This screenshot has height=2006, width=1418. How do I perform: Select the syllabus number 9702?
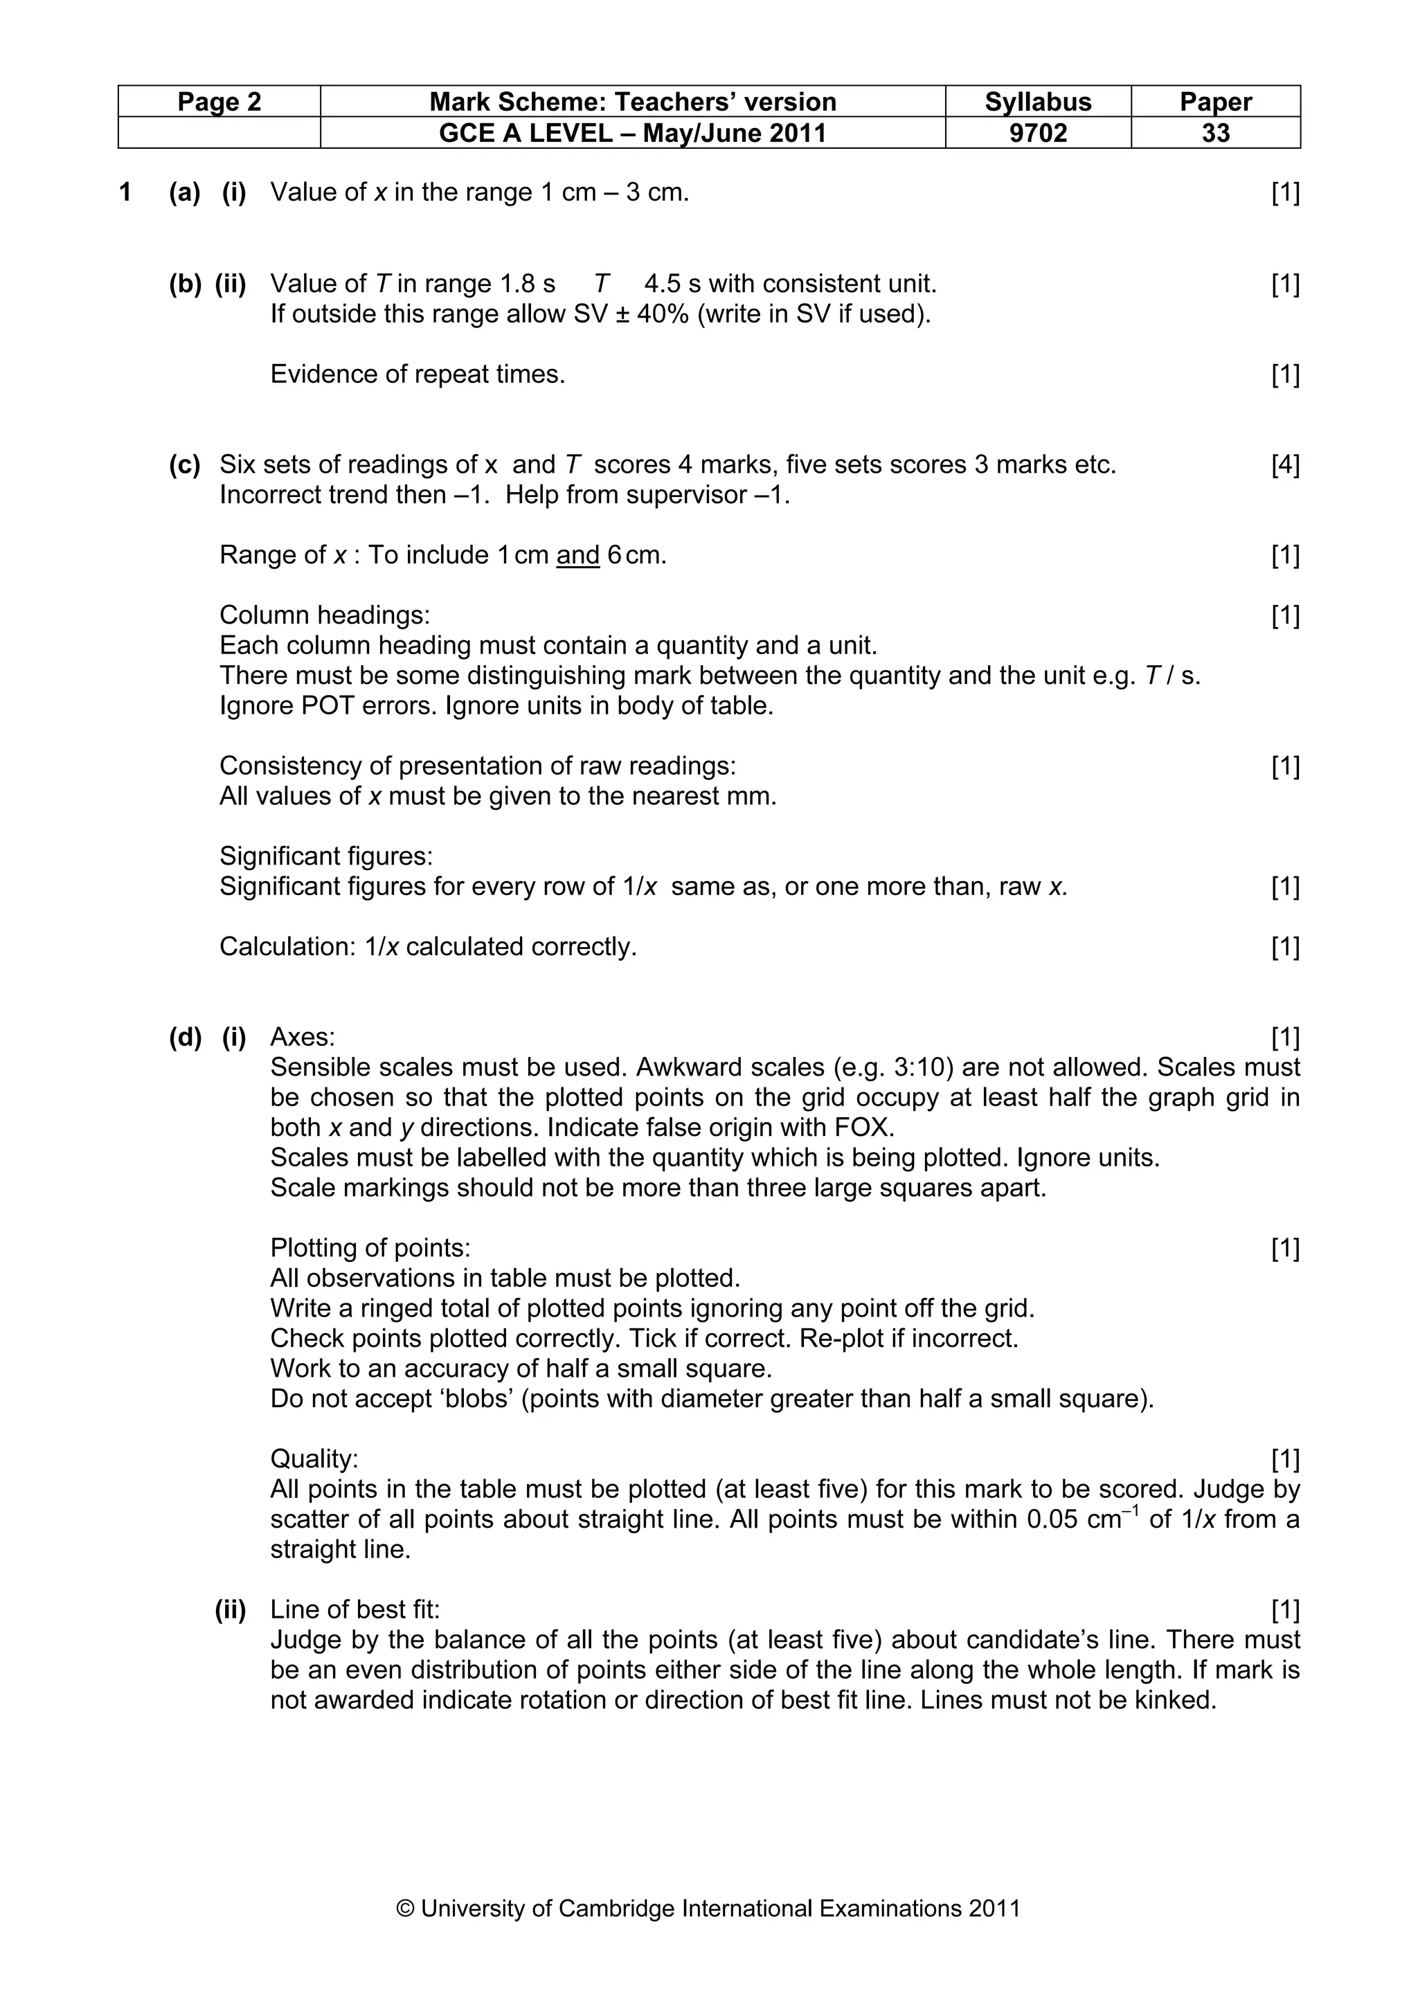[x=1038, y=133]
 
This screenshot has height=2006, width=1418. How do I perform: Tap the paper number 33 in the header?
[x=1215, y=133]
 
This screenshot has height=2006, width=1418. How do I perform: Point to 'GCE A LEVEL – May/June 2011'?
[x=633, y=133]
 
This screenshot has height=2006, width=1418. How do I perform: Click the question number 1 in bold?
[x=125, y=192]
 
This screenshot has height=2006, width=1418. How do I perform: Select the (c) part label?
[x=184, y=464]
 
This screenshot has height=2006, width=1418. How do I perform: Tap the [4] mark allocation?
[x=1285, y=464]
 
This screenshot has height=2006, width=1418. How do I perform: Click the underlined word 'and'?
[x=577, y=556]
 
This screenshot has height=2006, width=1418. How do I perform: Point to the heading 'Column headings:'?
[x=324, y=615]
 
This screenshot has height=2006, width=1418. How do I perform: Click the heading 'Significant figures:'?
[x=326, y=856]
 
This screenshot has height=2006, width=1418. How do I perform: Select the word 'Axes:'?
[x=303, y=1037]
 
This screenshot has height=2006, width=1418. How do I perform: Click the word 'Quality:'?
[x=314, y=1458]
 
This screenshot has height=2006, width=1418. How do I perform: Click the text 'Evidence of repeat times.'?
[x=418, y=374]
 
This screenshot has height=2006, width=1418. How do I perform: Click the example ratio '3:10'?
[x=927, y=1067]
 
